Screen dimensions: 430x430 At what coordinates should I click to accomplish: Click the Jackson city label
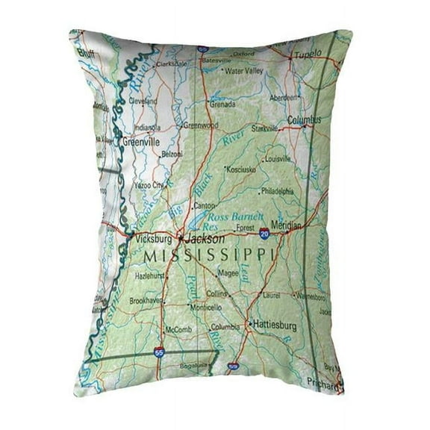[x=205, y=240]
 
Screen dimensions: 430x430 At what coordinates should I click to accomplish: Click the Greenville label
[x=141, y=140]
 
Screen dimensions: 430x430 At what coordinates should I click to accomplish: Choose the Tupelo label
[x=306, y=54]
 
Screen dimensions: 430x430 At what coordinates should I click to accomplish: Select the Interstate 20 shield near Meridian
[x=265, y=234]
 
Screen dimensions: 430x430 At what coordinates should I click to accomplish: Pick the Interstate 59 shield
[x=233, y=366]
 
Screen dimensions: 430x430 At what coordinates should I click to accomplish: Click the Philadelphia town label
[x=278, y=191]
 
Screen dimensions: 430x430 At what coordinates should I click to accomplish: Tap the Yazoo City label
[x=148, y=184]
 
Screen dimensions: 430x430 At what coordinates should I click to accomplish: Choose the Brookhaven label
[x=147, y=300]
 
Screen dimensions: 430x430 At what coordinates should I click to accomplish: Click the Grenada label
[x=225, y=105]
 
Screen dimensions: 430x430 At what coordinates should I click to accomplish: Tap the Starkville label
[x=265, y=128]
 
